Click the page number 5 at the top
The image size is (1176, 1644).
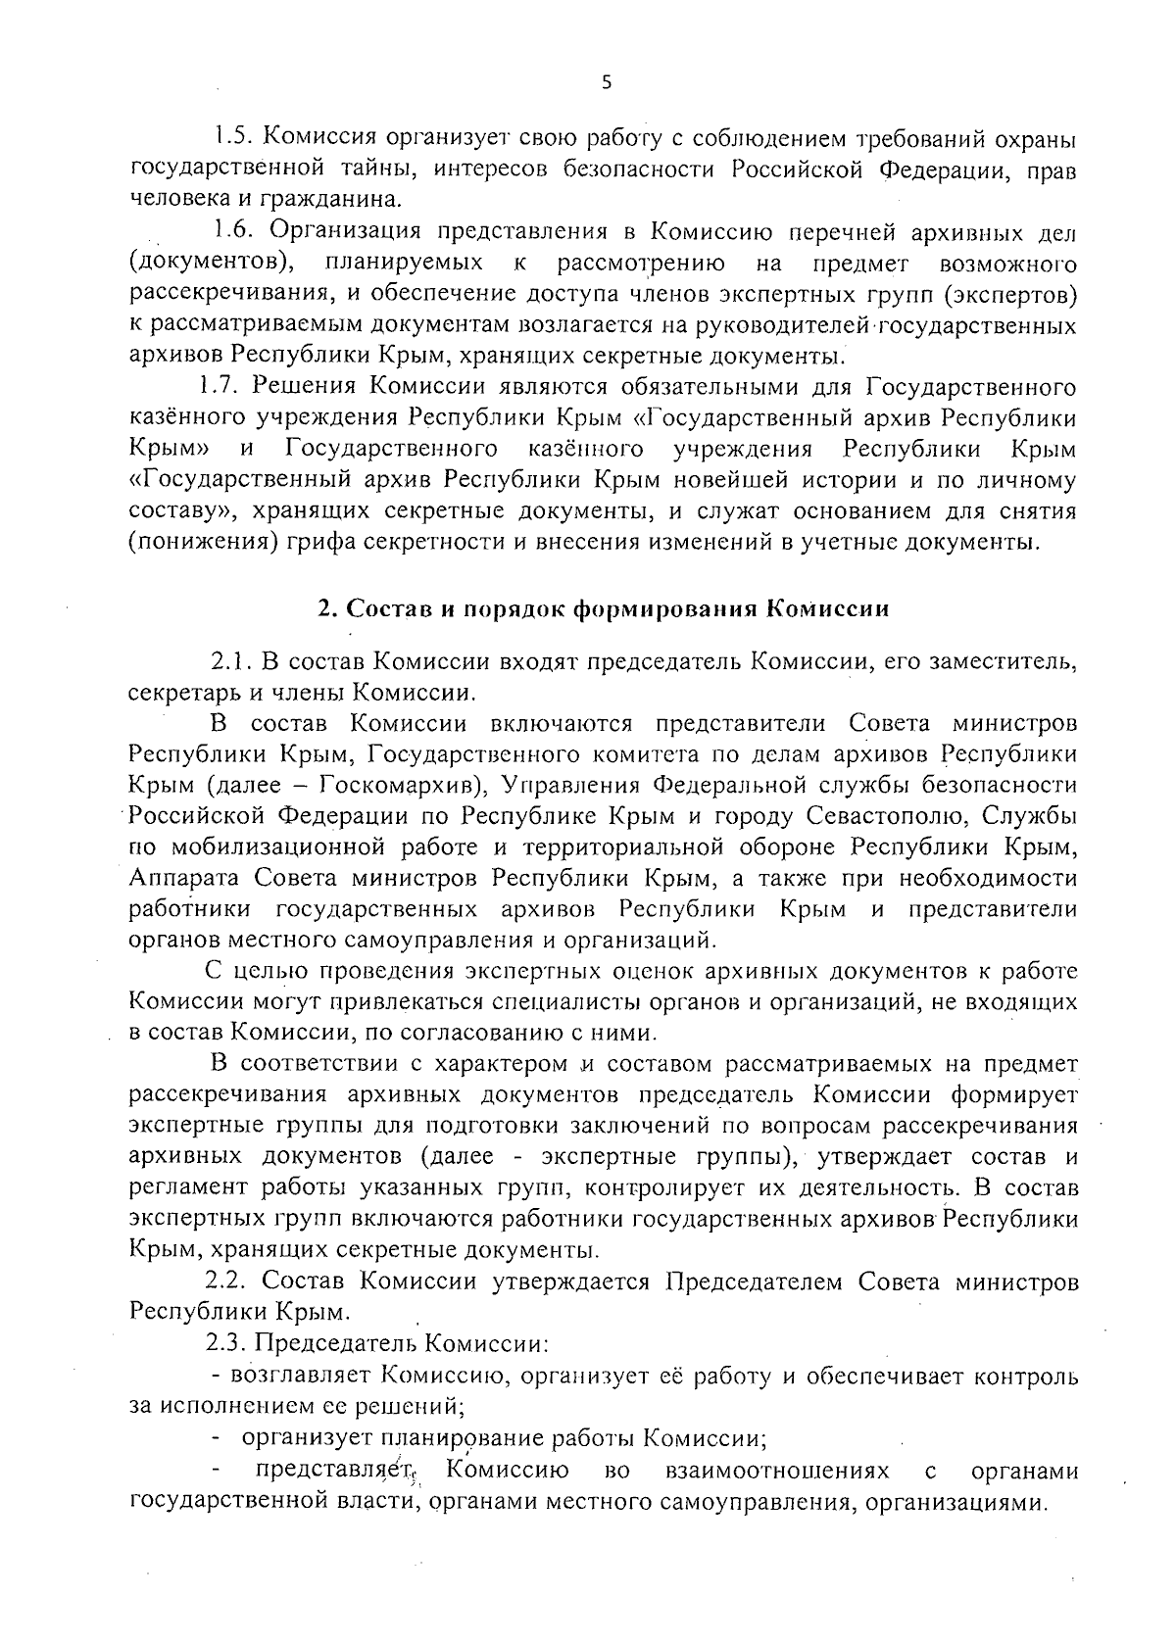606,83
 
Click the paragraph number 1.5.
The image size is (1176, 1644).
236,137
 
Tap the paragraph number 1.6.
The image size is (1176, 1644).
235,231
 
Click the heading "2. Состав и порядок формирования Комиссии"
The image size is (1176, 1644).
604,608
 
